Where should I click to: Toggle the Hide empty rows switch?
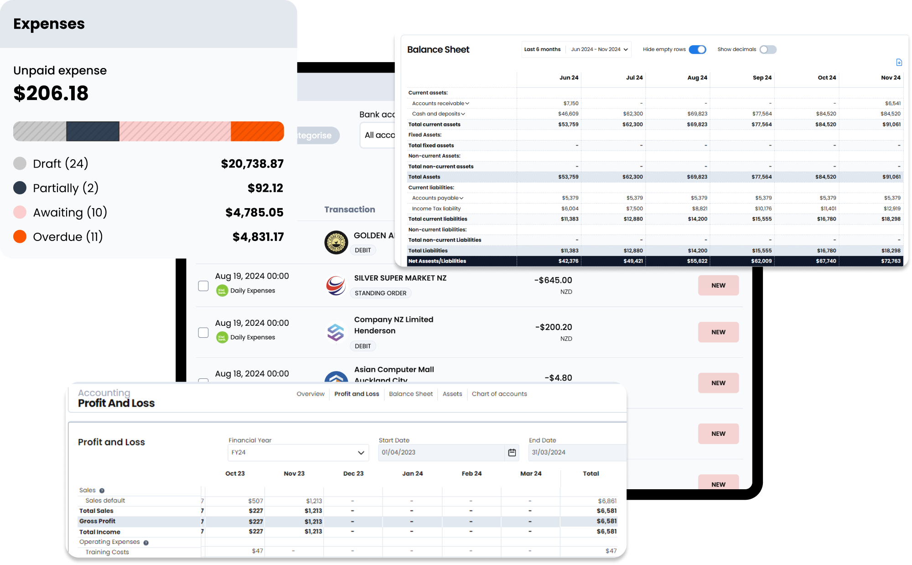point(697,49)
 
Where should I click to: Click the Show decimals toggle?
point(768,49)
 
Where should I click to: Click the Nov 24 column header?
point(891,78)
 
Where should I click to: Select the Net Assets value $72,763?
point(891,261)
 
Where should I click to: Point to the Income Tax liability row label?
point(436,209)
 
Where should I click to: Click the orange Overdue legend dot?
point(20,236)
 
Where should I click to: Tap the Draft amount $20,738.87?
point(252,164)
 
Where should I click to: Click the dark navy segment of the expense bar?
point(93,131)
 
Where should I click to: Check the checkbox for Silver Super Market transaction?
point(203,286)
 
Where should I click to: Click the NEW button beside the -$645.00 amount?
point(718,285)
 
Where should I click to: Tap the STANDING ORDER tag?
point(380,293)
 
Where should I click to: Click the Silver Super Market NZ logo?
point(336,286)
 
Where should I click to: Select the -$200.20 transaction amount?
point(554,327)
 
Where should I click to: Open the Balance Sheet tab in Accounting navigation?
point(411,394)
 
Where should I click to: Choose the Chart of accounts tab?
point(499,394)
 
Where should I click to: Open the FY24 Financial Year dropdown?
point(298,452)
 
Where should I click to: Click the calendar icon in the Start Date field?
point(512,452)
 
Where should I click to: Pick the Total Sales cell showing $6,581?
point(606,511)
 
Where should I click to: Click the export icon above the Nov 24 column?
point(899,63)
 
